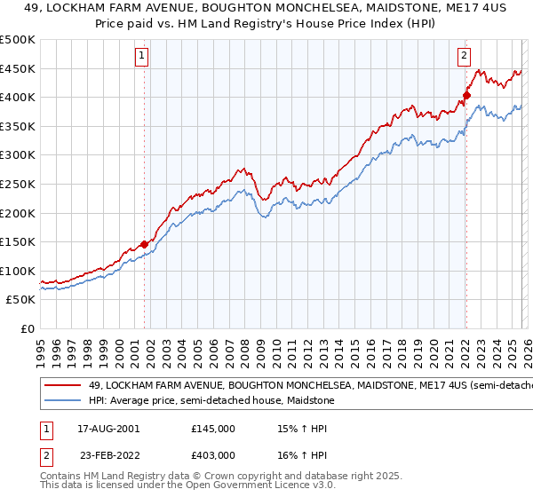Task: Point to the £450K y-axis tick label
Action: [x=18, y=68]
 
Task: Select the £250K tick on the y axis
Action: [x=18, y=184]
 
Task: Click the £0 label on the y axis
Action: [x=27, y=328]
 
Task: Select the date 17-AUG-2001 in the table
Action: [x=108, y=428]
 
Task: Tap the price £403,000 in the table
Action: [x=212, y=454]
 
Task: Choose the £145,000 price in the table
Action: [x=212, y=428]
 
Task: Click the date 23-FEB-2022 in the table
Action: [x=108, y=454]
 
